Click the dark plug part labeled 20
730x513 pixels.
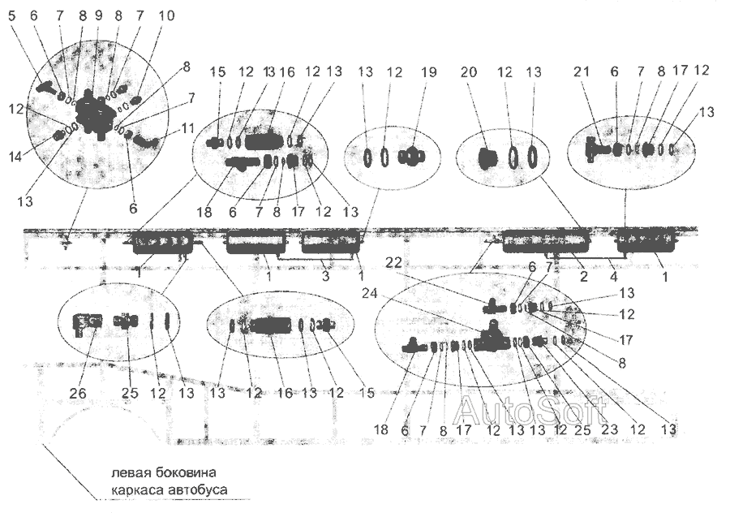tap(487, 157)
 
